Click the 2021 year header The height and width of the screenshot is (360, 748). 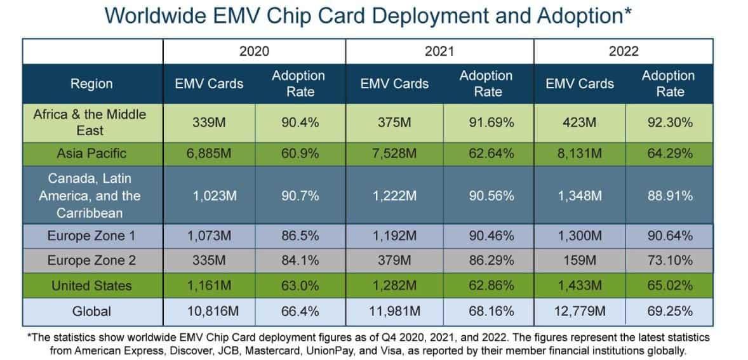(439, 51)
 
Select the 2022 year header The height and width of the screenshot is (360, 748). (624, 51)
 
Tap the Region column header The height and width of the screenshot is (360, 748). (92, 84)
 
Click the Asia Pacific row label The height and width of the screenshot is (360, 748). (92, 153)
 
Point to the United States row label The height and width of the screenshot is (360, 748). (92, 286)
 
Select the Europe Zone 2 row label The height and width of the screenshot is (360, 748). (92, 261)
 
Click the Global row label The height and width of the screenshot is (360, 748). (92, 311)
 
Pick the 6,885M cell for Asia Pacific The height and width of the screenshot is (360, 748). (209, 153)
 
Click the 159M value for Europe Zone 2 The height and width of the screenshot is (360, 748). (580, 261)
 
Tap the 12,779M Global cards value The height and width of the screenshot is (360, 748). (580, 311)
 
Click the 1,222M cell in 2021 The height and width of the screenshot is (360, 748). (394, 196)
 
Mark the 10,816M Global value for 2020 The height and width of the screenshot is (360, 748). (209, 311)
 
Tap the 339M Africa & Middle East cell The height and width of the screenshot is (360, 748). (209, 123)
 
